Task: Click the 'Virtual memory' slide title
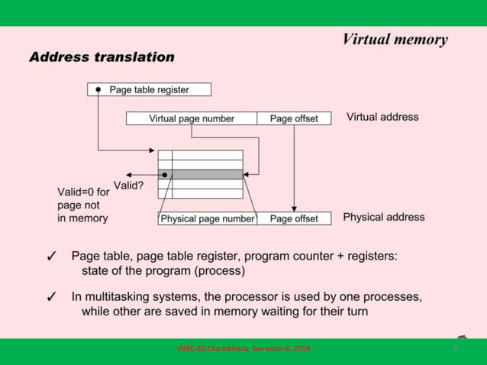tap(395, 40)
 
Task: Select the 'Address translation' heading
tap(102, 57)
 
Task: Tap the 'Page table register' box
tap(150, 89)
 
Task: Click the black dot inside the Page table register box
tap(98, 89)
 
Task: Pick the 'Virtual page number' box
tap(192, 118)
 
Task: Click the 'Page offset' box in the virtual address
tap(294, 118)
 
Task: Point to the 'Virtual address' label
tap(382, 118)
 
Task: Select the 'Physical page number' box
tap(207, 218)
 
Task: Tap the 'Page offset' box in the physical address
tap(294, 218)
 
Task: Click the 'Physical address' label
tap(383, 218)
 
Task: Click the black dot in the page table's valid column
tap(165, 174)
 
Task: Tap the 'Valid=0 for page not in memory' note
tap(83, 205)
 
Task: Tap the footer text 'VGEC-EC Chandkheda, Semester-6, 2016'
tap(243, 349)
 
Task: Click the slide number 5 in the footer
tap(455, 349)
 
